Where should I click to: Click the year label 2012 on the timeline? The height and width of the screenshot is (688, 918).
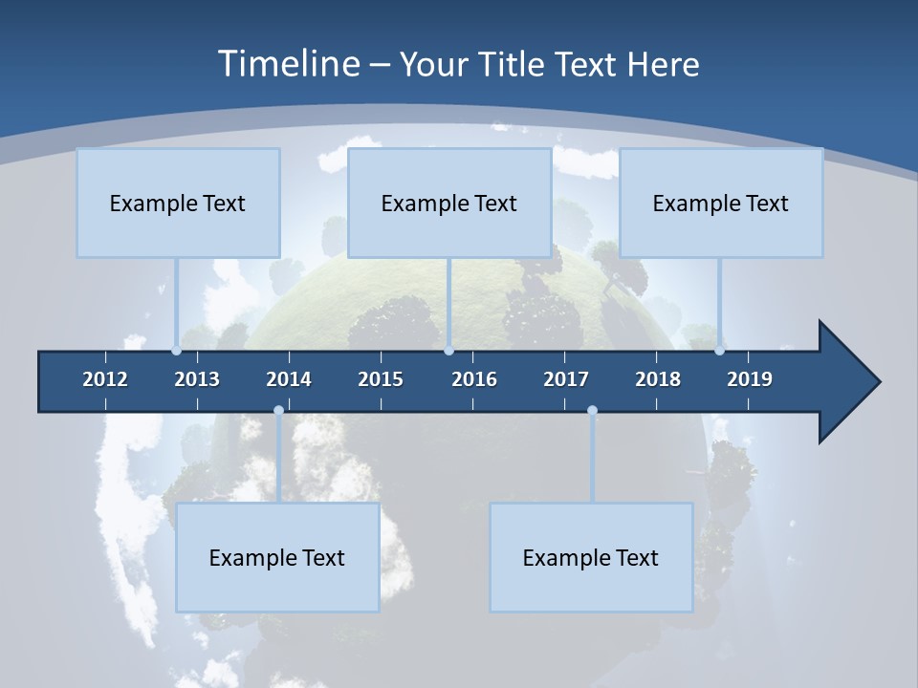click(105, 379)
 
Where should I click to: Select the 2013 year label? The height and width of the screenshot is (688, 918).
click(197, 379)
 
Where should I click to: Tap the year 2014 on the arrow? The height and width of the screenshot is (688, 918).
click(289, 379)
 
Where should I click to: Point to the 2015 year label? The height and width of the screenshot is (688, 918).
click(381, 379)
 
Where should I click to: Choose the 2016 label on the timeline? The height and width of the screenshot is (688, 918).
click(474, 379)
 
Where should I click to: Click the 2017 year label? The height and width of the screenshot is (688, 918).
click(566, 379)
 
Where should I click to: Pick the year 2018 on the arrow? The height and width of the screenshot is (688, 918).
click(658, 379)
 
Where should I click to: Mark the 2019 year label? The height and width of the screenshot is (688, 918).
click(750, 379)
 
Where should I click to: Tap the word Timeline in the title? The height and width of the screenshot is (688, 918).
click(288, 64)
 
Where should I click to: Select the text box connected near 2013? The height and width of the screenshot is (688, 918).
click(178, 203)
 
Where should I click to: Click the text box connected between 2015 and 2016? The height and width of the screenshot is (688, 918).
click(449, 203)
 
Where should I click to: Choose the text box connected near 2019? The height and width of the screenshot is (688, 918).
click(721, 203)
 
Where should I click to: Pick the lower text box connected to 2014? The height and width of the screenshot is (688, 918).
click(277, 557)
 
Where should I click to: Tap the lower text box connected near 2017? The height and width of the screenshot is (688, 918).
click(591, 557)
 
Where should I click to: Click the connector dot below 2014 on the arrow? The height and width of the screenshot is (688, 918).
click(278, 411)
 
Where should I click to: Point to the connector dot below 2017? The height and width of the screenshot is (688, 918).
click(592, 411)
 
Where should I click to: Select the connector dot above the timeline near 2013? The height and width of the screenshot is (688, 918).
click(177, 350)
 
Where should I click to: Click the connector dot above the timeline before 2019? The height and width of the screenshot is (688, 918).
click(719, 350)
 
